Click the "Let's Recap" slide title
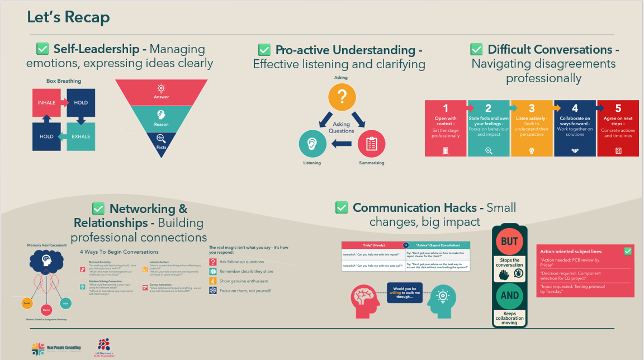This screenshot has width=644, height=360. click(68, 17)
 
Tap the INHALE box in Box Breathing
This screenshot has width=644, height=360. click(47, 103)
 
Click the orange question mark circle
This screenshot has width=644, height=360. click(343, 97)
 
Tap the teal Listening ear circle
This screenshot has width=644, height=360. click(312, 144)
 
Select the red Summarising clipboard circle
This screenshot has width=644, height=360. click(372, 144)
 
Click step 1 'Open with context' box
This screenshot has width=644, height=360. click(446, 128)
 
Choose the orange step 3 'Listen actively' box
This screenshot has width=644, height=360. click(532, 128)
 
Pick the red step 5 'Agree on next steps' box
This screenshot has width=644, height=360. click(618, 128)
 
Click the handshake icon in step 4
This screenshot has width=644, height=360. click(575, 150)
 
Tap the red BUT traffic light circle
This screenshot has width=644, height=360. click(509, 241)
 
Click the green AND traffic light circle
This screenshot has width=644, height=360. click(509, 295)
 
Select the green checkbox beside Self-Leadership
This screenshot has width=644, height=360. click(42, 49)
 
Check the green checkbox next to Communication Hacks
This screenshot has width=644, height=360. click(342, 208)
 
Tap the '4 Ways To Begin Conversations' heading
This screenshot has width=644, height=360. click(119, 252)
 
